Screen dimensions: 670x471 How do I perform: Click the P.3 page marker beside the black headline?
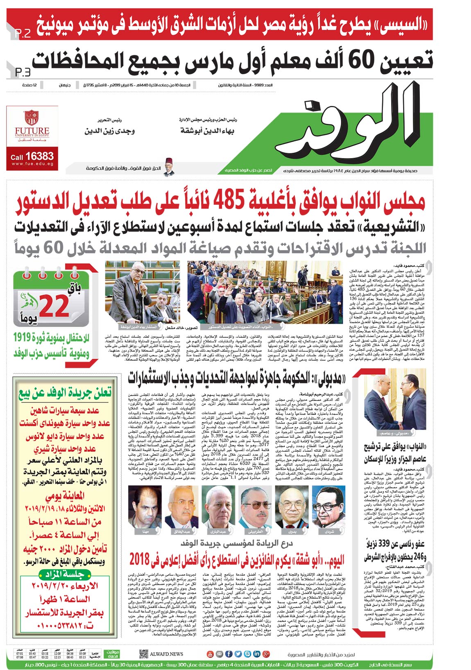[23, 72]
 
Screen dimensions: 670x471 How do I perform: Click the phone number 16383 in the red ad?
[39, 156]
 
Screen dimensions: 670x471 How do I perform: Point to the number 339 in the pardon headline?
[386, 544]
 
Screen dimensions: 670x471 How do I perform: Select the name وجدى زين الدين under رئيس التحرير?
[109, 131]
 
